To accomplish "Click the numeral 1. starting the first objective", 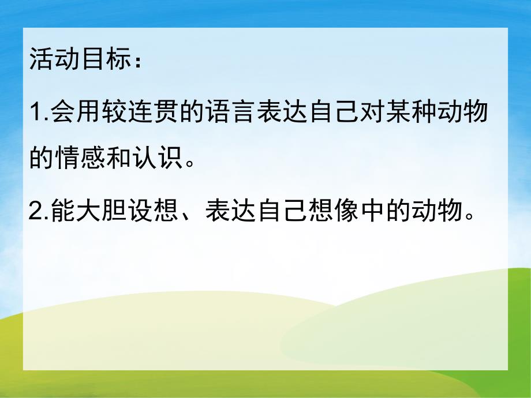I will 39,113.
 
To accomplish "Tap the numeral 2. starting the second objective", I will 39,214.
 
